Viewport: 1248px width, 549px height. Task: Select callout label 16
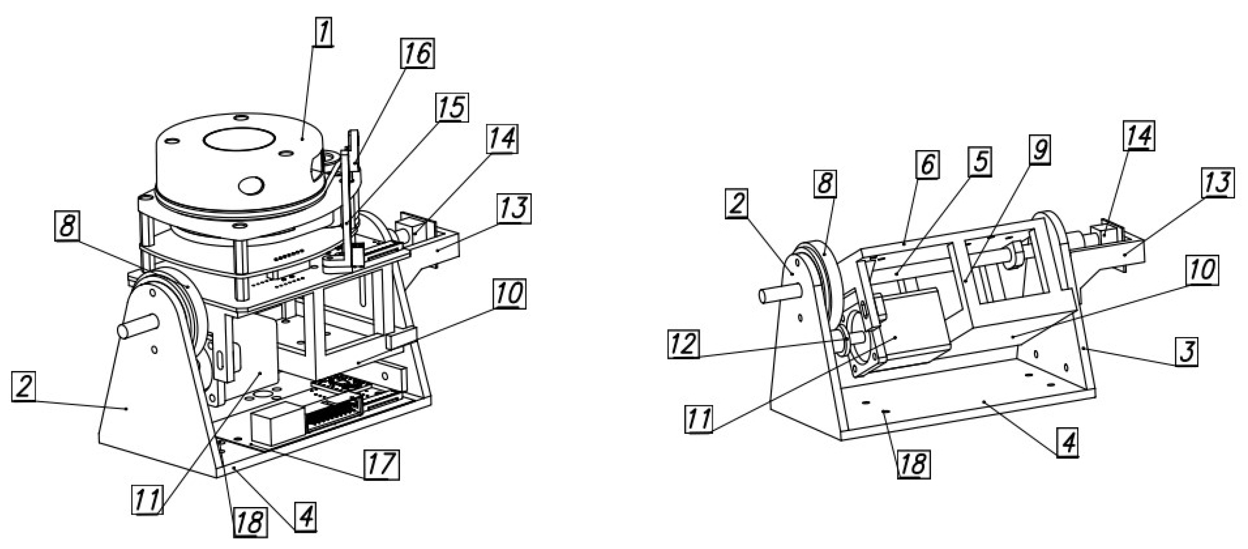(417, 53)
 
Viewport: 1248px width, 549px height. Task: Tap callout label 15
(452, 107)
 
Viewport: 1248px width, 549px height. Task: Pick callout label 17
(382, 464)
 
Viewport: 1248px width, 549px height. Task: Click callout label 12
(684, 344)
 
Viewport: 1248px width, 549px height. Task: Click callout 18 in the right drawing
(914, 463)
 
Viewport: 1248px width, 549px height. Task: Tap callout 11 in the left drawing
(147, 499)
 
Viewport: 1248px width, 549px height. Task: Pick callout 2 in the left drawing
(24, 387)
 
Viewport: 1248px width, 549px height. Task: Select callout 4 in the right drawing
(1068, 442)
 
